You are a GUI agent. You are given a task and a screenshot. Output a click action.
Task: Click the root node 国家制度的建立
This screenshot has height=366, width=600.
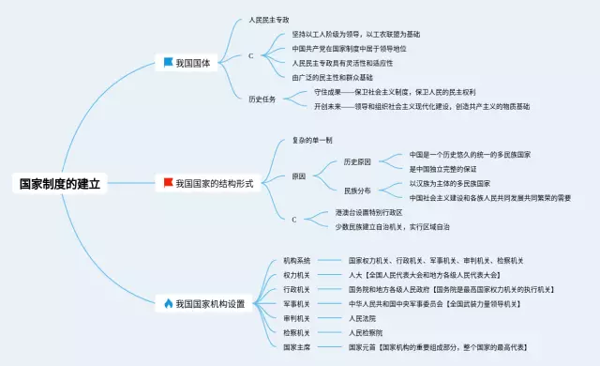(x=60, y=184)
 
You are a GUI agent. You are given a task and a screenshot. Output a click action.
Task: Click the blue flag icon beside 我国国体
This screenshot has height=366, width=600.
(x=168, y=63)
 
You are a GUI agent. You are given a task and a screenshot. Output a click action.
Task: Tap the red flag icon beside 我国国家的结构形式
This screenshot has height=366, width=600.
(x=168, y=183)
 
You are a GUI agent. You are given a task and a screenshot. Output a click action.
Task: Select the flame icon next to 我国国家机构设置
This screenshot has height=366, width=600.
(x=168, y=303)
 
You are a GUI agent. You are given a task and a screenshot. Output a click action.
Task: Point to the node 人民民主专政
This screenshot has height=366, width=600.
(x=269, y=19)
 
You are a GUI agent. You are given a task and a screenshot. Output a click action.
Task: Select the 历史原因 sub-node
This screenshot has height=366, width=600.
(x=357, y=161)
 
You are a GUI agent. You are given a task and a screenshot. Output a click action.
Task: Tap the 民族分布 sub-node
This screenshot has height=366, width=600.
(x=357, y=191)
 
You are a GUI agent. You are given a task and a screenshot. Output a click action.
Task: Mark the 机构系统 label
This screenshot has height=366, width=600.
(x=297, y=260)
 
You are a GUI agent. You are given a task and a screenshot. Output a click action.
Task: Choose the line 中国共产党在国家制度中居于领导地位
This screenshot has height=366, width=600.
(x=348, y=48)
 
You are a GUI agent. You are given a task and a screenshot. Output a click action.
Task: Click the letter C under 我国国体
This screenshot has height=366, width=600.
(x=250, y=56)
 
